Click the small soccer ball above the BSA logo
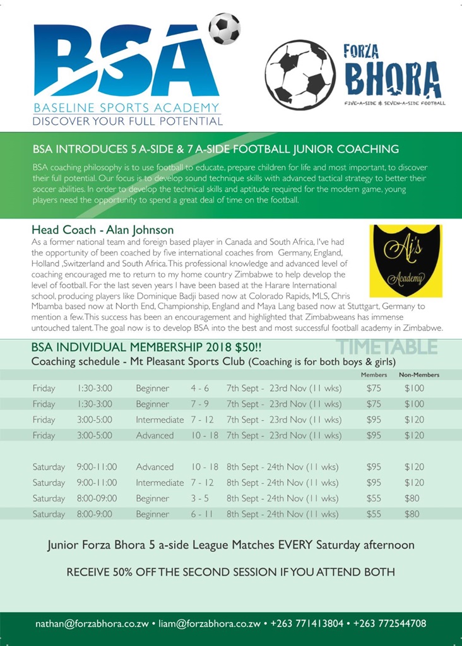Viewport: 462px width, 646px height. (x=224, y=28)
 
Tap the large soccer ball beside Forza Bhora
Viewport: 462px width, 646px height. (x=300, y=75)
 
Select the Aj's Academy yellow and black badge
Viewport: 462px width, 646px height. (x=406, y=261)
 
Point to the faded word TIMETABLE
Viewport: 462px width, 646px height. (x=386, y=346)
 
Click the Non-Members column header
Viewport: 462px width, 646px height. (x=419, y=375)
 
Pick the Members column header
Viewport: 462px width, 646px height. (x=374, y=375)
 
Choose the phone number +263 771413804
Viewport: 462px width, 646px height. (x=308, y=623)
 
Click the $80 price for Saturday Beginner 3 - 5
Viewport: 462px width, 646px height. (x=412, y=498)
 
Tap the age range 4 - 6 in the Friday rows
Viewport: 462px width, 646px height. (x=200, y=388)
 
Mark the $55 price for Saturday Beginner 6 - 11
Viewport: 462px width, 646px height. (x=374, y=514)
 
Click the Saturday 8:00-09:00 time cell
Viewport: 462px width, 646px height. (x=95, y=498)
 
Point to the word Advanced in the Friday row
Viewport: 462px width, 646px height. (x=155, y=435)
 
